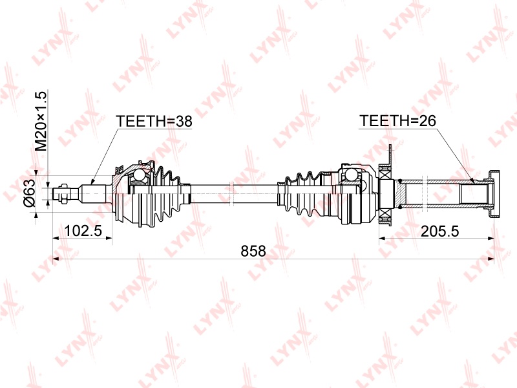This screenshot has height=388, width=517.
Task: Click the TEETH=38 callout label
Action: (154, 122)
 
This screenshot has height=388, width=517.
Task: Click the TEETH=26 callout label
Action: (397, 121)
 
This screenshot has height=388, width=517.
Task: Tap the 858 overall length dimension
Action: (253, 251)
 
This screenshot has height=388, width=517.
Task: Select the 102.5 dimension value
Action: (83, 231)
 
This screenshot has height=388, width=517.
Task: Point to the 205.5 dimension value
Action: (440, 232)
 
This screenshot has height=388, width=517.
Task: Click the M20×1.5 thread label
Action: (42, 121)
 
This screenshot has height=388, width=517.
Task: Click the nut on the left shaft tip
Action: (63, 192)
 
